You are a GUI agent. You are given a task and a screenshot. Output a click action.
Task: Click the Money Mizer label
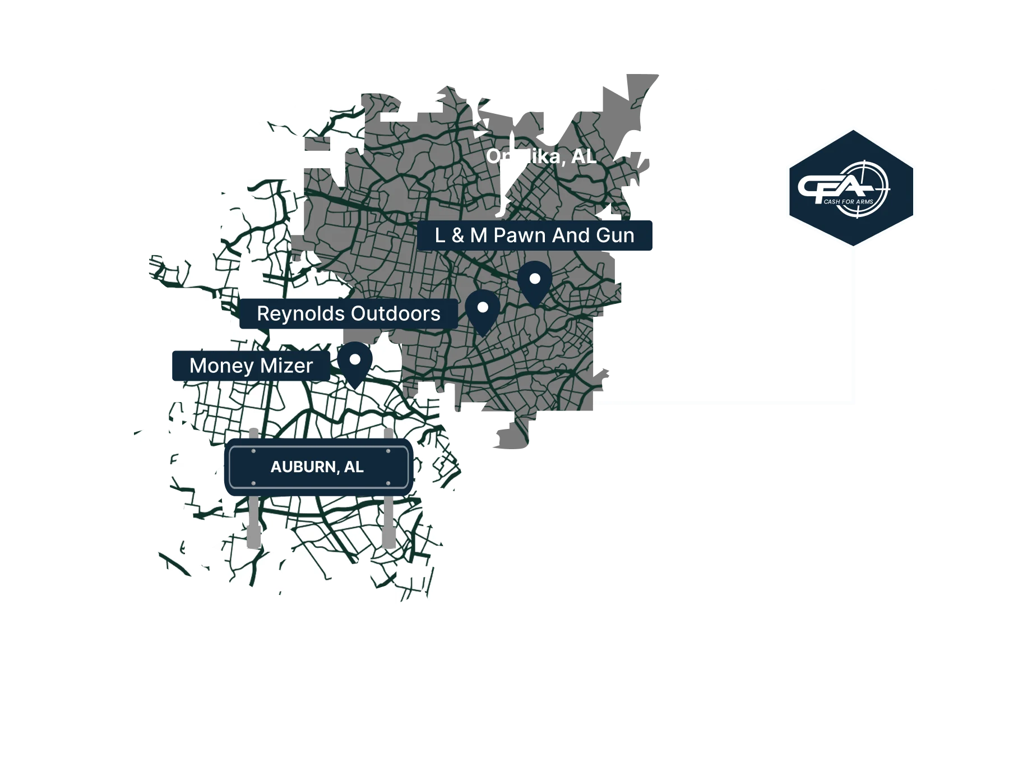pos(251,366)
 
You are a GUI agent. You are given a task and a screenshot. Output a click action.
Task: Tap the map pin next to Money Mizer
pos(355,362)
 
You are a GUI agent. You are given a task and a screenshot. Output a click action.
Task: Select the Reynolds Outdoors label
pos(348,313)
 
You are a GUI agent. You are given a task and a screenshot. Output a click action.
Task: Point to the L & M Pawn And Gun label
pos(535,236)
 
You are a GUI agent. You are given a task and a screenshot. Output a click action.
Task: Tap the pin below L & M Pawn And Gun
pos(535,281)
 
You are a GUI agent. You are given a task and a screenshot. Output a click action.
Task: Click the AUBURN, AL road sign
pos(318,467)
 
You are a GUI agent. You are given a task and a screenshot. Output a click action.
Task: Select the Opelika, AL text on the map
pos(541,156)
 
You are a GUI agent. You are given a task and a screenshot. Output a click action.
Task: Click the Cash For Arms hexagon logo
pos(851,187)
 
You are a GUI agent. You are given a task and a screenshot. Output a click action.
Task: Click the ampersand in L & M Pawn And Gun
pos(458,236)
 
